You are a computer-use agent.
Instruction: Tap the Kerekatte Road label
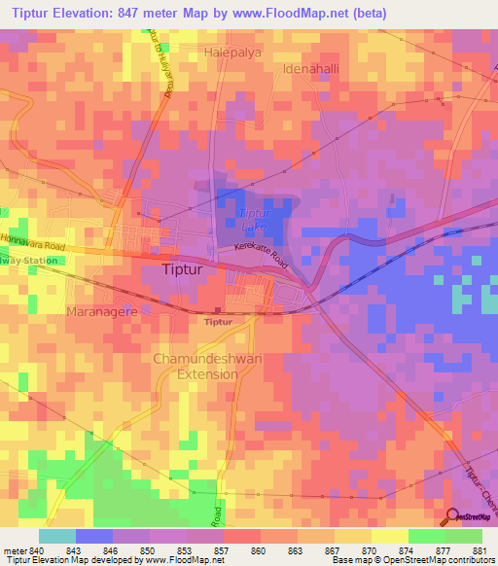tap(262, 256)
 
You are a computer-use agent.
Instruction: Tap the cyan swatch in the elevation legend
tap(57, 535)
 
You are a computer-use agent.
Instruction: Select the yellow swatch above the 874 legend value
tap(389, 535)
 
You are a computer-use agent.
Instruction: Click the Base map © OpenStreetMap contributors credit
tap(412, 560)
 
